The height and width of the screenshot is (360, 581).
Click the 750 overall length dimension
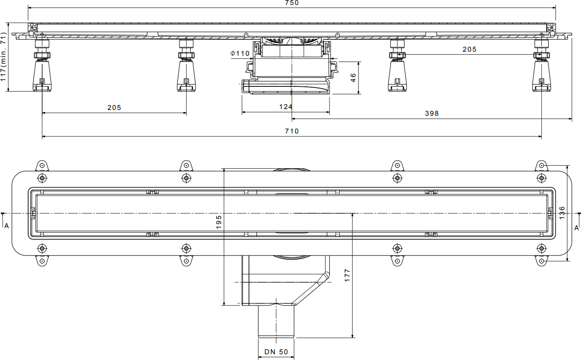tap(292, 3)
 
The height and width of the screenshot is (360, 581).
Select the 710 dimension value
tap(292, 131)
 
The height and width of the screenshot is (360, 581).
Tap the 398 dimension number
tap(432, 113)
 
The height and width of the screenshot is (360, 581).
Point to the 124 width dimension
tap(286, 107)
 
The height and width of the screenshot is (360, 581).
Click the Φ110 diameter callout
tap(240, 53)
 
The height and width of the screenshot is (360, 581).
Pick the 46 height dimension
tap(353, 78)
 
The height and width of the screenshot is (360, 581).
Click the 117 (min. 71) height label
tap(3, 57)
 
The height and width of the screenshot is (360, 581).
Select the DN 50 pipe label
tap(276, 352)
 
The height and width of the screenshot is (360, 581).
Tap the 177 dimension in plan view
tap(347, 275)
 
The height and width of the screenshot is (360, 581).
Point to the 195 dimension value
tap(219, 222)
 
